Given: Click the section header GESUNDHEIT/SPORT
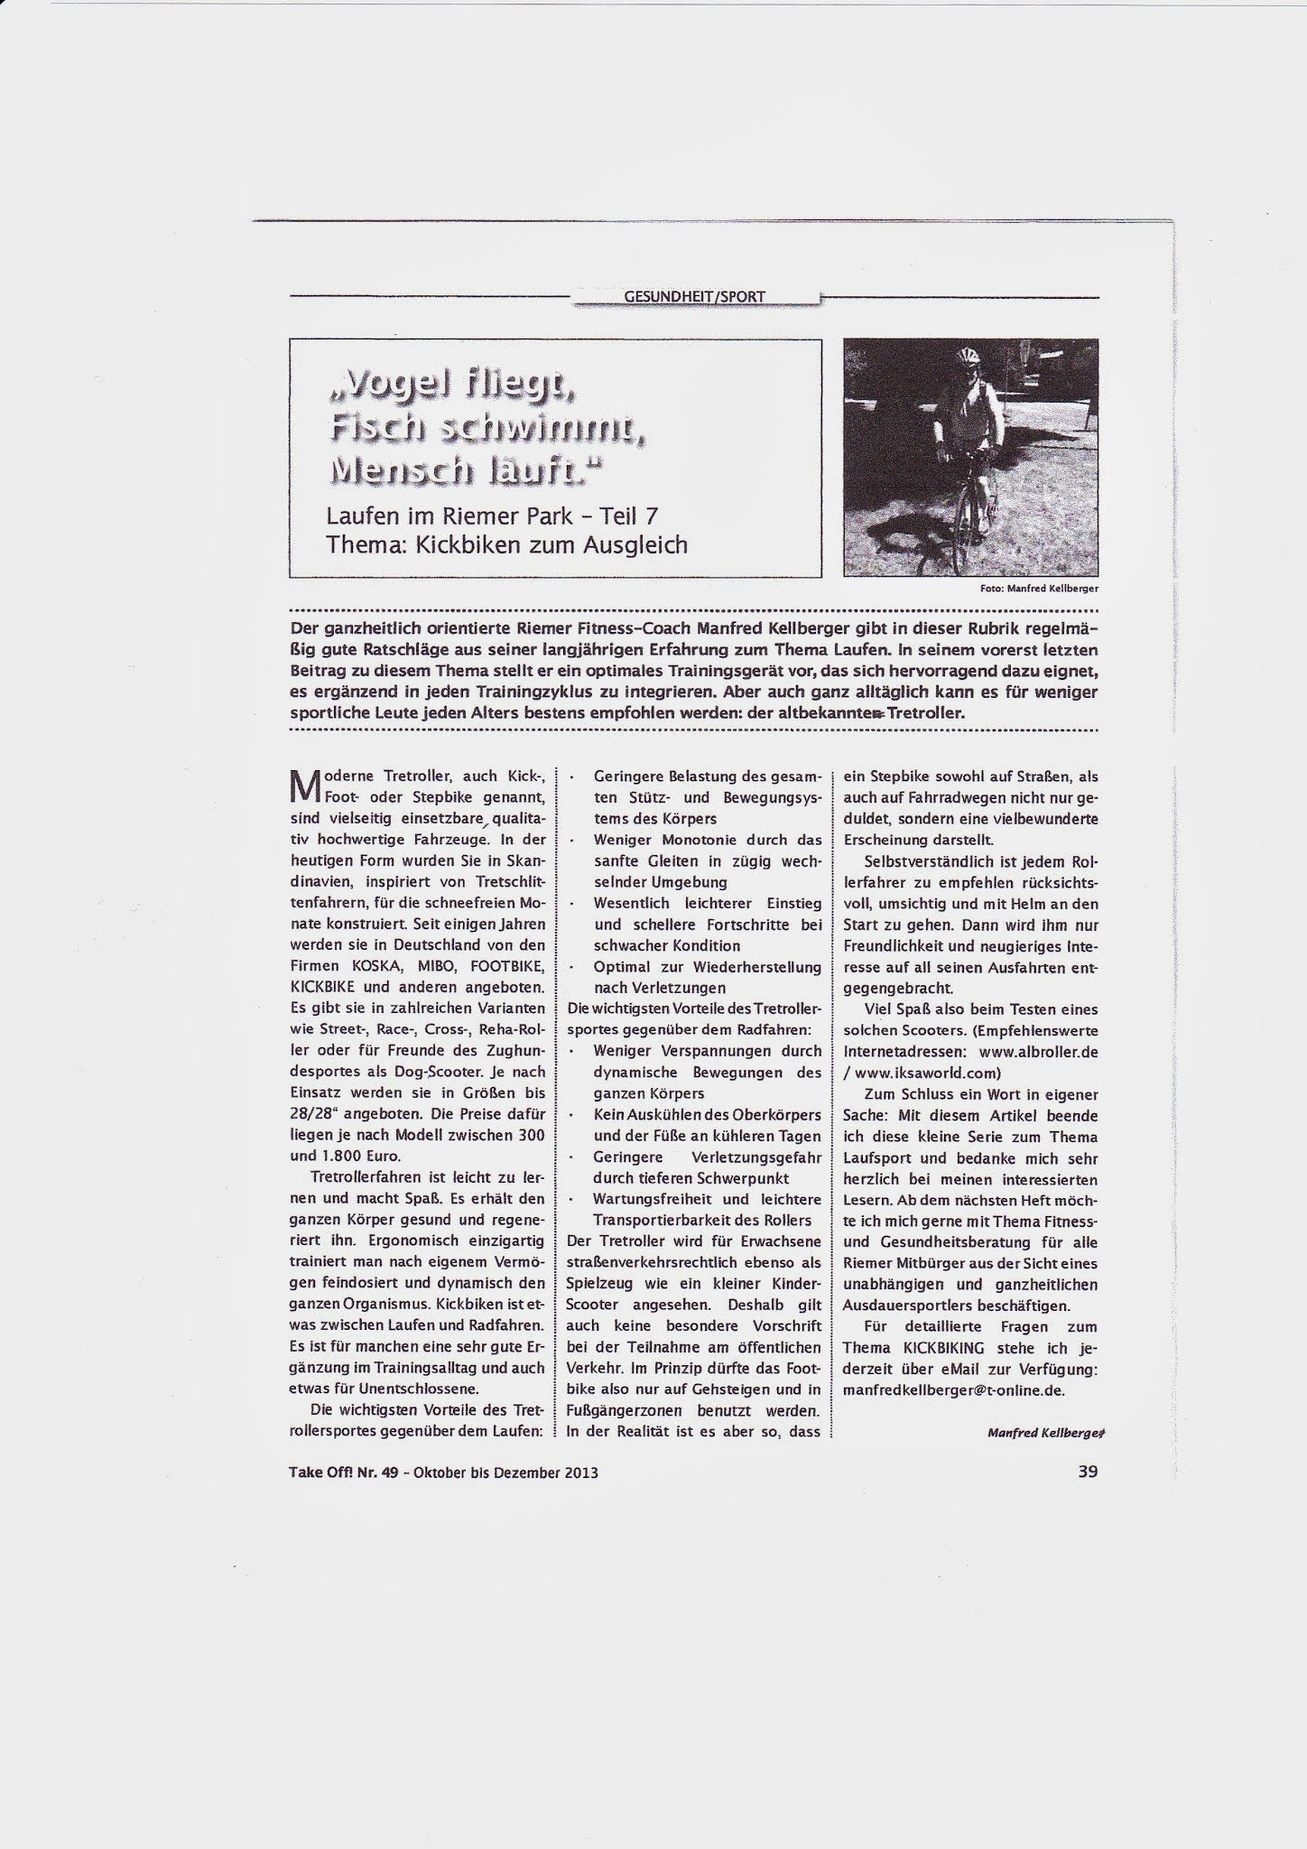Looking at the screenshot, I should (x=695, y=296).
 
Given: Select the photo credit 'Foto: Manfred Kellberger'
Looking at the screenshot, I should (x=1038, y=587).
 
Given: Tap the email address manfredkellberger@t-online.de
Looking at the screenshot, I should (x=953, y=1390).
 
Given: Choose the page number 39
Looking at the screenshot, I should (x=1087, y=1471).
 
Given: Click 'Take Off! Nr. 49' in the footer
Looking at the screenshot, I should (x=343, y=1472).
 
